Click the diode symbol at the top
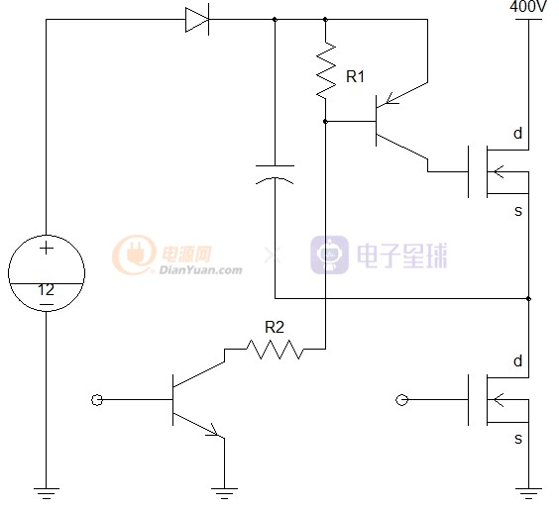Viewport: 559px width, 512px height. point(197,20)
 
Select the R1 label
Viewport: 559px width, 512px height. point(355,76)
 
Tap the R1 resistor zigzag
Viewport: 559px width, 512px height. point(326,70)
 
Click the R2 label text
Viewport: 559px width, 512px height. point(275,327)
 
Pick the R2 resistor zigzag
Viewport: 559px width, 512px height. point(275,350)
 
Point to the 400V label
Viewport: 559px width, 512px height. point(528,6)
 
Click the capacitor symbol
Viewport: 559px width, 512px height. point(275,174)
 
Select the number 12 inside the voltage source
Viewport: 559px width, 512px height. point(47,290)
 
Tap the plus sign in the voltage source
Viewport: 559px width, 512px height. point(47,248)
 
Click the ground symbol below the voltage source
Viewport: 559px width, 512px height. point(47,493)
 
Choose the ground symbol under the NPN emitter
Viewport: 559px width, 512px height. point(224,493)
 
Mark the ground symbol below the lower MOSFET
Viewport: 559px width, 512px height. point(528,493)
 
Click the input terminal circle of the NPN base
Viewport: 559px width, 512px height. point(97,400)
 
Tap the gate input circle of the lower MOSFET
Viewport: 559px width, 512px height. point(401,400)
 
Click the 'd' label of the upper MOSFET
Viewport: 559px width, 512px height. point(518,134)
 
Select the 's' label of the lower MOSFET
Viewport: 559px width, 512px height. point(518,439)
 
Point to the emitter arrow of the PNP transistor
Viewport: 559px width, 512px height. point(391,99)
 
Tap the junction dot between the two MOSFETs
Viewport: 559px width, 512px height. point(528,298)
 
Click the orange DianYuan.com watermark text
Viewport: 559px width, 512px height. point(201,270)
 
